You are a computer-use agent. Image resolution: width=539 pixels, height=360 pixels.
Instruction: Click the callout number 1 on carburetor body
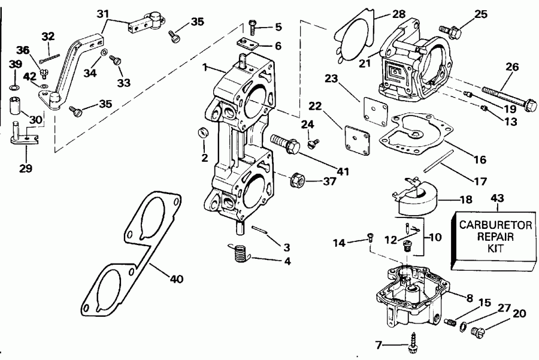point(205,68)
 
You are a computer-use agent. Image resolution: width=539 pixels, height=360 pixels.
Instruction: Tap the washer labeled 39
point(15,78)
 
